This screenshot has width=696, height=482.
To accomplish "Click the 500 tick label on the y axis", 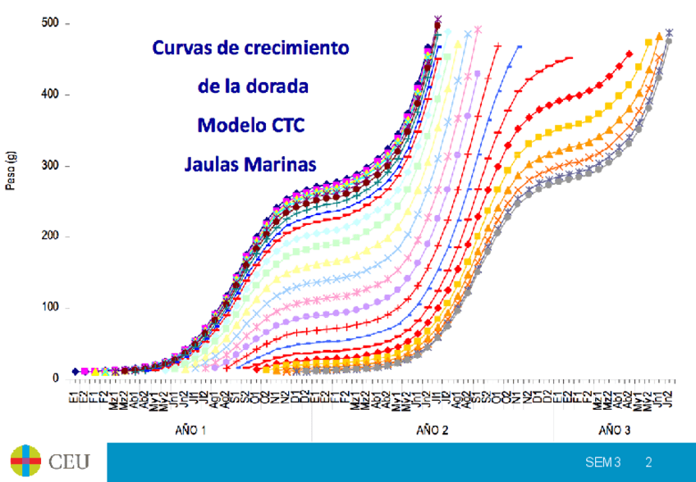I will tap(51, 23).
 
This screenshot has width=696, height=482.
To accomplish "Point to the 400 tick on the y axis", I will tap(51, 94).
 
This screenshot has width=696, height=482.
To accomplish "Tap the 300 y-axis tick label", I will tap(51, 166).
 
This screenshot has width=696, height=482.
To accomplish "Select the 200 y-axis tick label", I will tap(51, 236).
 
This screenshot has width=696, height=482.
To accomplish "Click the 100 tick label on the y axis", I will tap(51, 308).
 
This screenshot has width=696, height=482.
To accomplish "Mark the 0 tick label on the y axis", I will tap(55, 379).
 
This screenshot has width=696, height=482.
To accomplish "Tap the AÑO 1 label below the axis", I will tap(190, 429).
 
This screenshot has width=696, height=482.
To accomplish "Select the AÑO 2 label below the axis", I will tap(433, 429).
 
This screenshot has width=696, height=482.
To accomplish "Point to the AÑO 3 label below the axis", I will tap(615, 429).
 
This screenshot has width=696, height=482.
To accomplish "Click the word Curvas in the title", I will tap(181, 48).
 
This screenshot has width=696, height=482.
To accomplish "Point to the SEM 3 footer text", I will tap(602, 463).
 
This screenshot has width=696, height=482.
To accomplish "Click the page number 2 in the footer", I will tap(648, 463).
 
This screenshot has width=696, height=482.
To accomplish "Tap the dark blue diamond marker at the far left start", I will tap(76, 372).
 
